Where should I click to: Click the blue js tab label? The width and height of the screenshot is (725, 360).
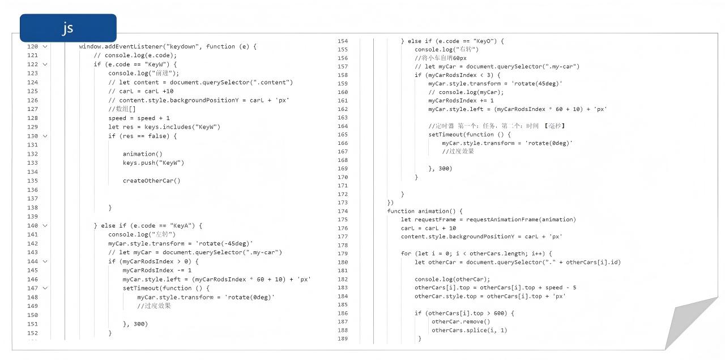(x=68, y=28)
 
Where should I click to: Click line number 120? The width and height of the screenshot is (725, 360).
(x=32, y=46)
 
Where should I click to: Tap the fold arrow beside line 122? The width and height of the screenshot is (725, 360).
(x=45, y=65)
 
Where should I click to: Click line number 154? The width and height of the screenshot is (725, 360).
(x=342, y=41)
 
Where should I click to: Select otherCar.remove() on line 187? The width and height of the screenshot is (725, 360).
(x=460, y=322)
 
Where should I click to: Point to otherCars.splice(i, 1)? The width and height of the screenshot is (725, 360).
(x=469, y=330)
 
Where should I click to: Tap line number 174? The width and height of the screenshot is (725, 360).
(x=342, y=211)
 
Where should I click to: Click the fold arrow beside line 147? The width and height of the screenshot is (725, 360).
(x=45, y=288)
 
